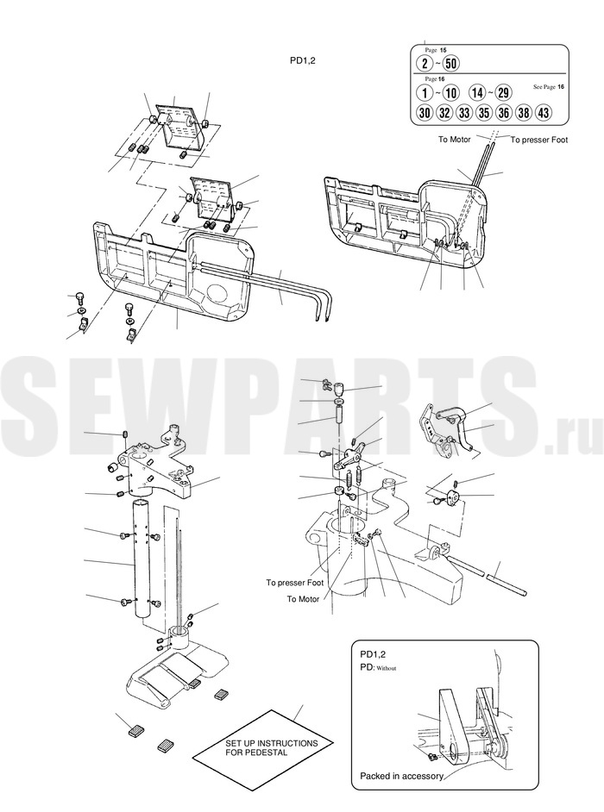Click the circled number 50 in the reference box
click(x=451, y=64)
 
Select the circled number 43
click(x=543, y=112)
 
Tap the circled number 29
click(x=503, y=93)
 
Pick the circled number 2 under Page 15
click(x=425, y=64)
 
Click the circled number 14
click(x=477, y=93)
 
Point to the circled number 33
click(x=464, y=112)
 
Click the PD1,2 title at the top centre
click(x=302, y=59)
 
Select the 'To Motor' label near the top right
click(x=455, y=140)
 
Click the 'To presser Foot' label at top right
click(x=539, y=140)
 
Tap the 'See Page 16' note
click(x=549, y=86)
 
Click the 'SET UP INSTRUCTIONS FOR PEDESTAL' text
click(x=271, y=747)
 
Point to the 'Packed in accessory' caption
click(x=402, y=777)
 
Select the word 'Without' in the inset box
click(x=387, y=669)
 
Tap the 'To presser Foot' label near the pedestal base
click(x=294, y=583)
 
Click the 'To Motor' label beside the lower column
click(x=304, y=598)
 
